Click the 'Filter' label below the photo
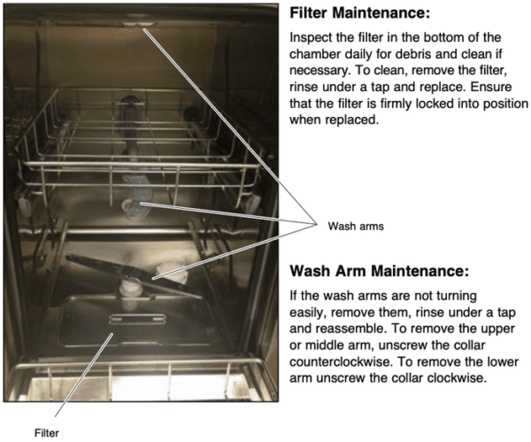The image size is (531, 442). tap(46, 434)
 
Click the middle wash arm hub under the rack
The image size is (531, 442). tap(134, 209)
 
